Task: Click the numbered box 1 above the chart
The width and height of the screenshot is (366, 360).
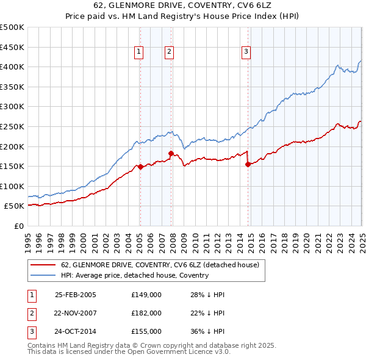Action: (x=139, y=52)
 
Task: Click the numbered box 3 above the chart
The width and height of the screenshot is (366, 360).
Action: (x=246, y=52)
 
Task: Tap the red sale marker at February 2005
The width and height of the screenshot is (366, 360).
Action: (x=140, y=167)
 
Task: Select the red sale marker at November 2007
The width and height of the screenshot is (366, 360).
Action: (x=171, y=153)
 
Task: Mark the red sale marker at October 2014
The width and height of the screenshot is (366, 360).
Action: (x=248, y=164)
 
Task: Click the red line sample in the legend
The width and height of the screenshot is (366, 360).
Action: (x=43, y=265)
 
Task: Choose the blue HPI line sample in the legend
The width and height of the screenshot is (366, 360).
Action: (x=43, y=275)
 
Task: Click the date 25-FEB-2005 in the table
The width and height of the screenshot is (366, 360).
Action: (x=76, y=294)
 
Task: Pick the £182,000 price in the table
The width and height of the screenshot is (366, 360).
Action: (x=146, y=313)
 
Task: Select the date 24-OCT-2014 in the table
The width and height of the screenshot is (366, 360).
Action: (x=76, y=331)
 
